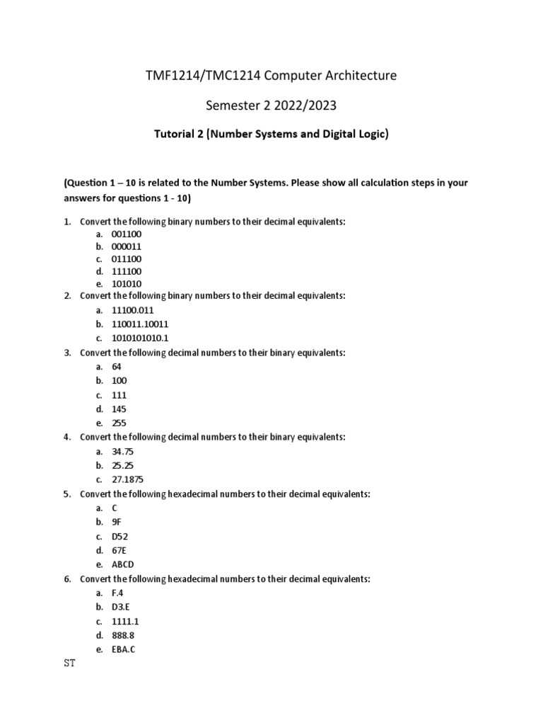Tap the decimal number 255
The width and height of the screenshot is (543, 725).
(119, 423)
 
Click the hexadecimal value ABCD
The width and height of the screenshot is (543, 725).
(123, 564)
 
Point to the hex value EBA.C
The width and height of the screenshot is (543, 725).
(124, 649)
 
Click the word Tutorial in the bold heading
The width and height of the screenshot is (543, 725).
(177, 135)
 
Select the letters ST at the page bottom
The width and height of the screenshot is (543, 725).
(69, 665)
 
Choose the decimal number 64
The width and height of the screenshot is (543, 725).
(117, 367)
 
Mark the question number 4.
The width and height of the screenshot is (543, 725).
(66, 438)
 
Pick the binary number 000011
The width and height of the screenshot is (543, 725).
(127, 247)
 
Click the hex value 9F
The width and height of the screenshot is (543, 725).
(117, 522)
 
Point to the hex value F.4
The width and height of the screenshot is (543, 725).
(117, 593)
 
